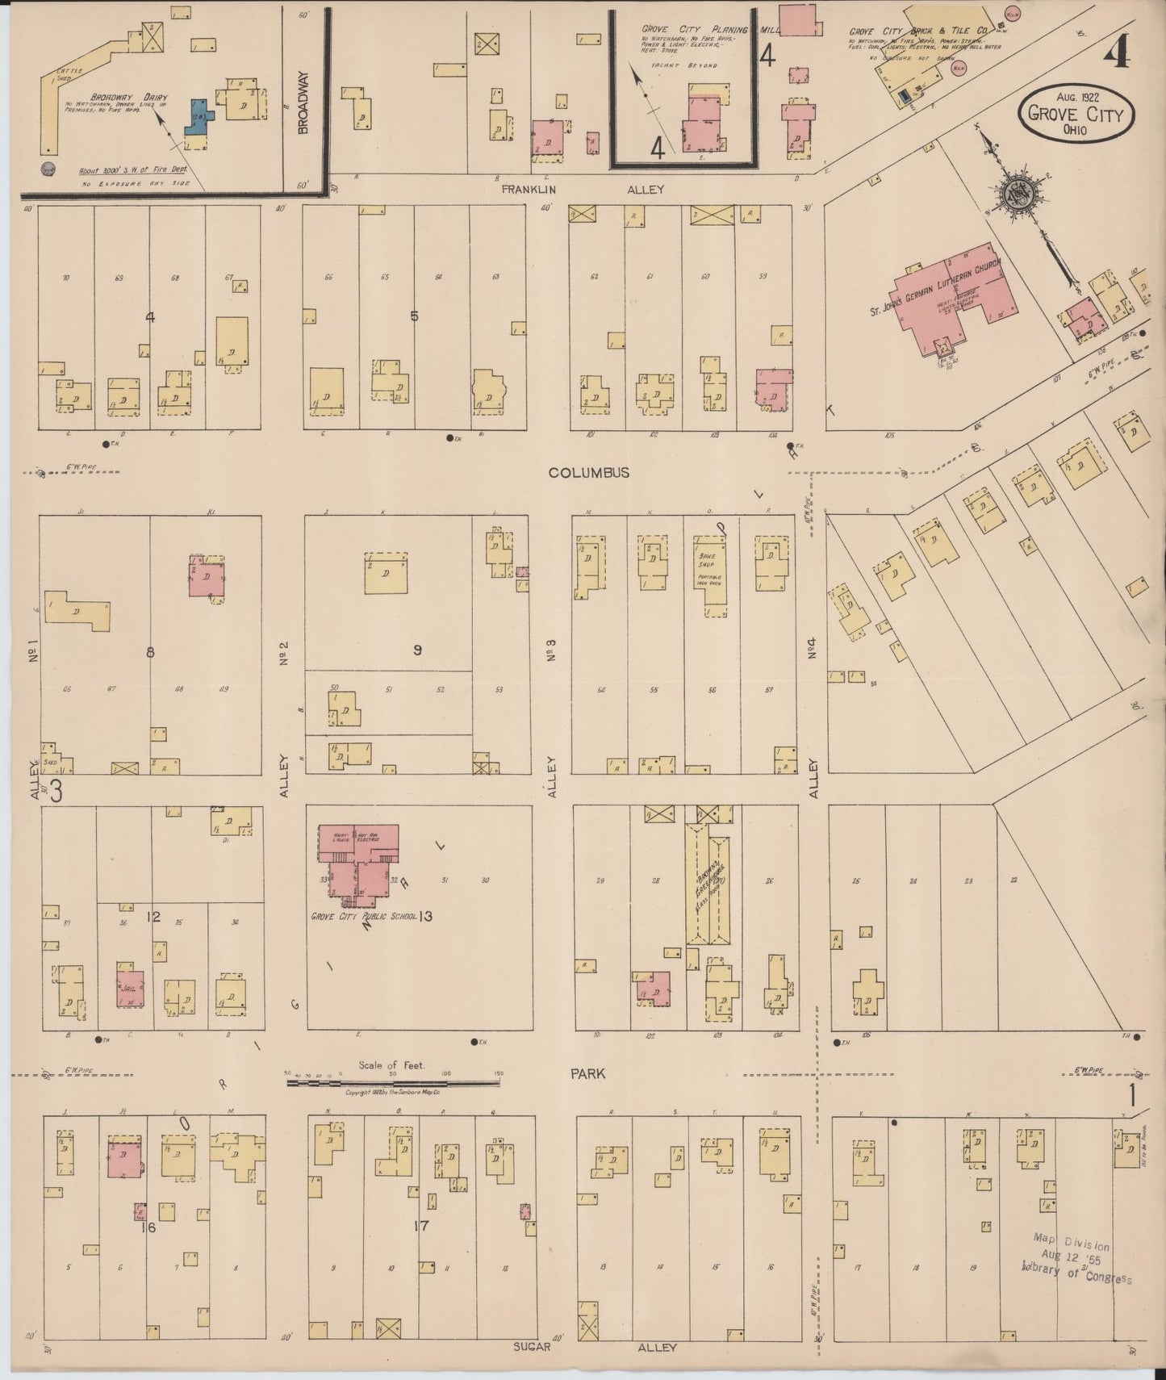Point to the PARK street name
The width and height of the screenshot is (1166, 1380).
[587, 1074]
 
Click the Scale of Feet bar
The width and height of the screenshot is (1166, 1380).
[394, 1082]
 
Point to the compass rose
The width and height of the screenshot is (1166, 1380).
[1013, 194]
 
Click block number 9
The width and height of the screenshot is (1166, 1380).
[417, 650]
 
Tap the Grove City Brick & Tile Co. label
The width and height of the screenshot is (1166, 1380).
[917, 31]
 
